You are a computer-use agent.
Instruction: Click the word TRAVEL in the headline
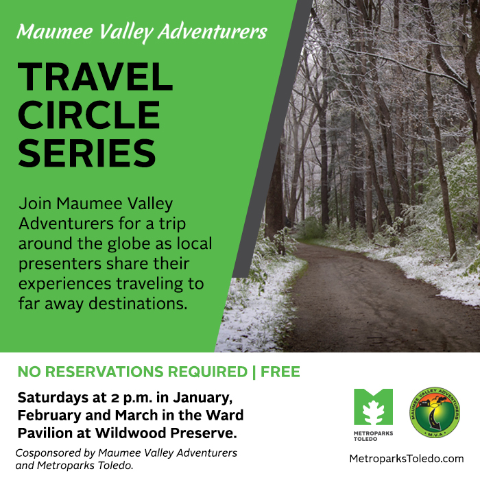tap(95, 77)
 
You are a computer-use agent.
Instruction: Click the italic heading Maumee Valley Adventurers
tap(142, 32)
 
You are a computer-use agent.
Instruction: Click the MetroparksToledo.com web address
tap(407, 459)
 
